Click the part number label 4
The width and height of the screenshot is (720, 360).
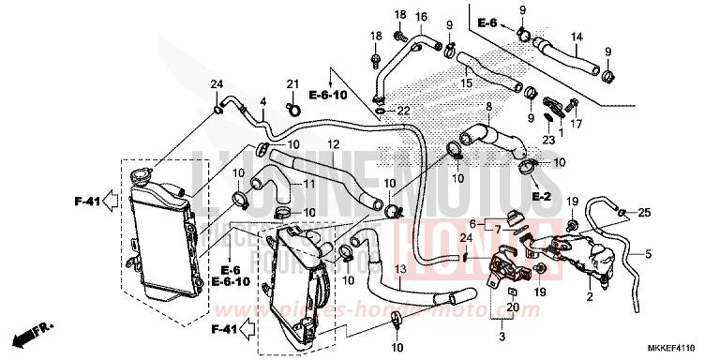pos(263,101)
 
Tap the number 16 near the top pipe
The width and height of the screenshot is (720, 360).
pos(421,17)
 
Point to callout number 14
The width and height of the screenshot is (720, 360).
pos(577,37)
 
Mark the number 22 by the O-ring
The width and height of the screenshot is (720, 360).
pos(404,112)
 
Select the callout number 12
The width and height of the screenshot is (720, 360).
pos(332,144)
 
